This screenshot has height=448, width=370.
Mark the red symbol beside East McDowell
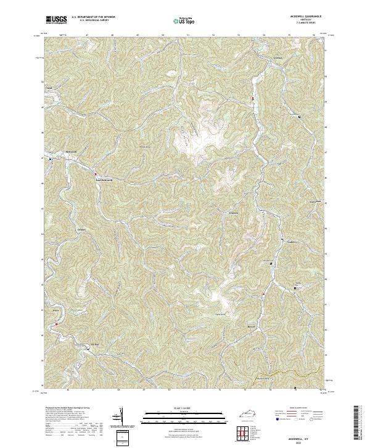pos(96,173)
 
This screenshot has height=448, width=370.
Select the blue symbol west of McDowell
pos(51,158)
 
